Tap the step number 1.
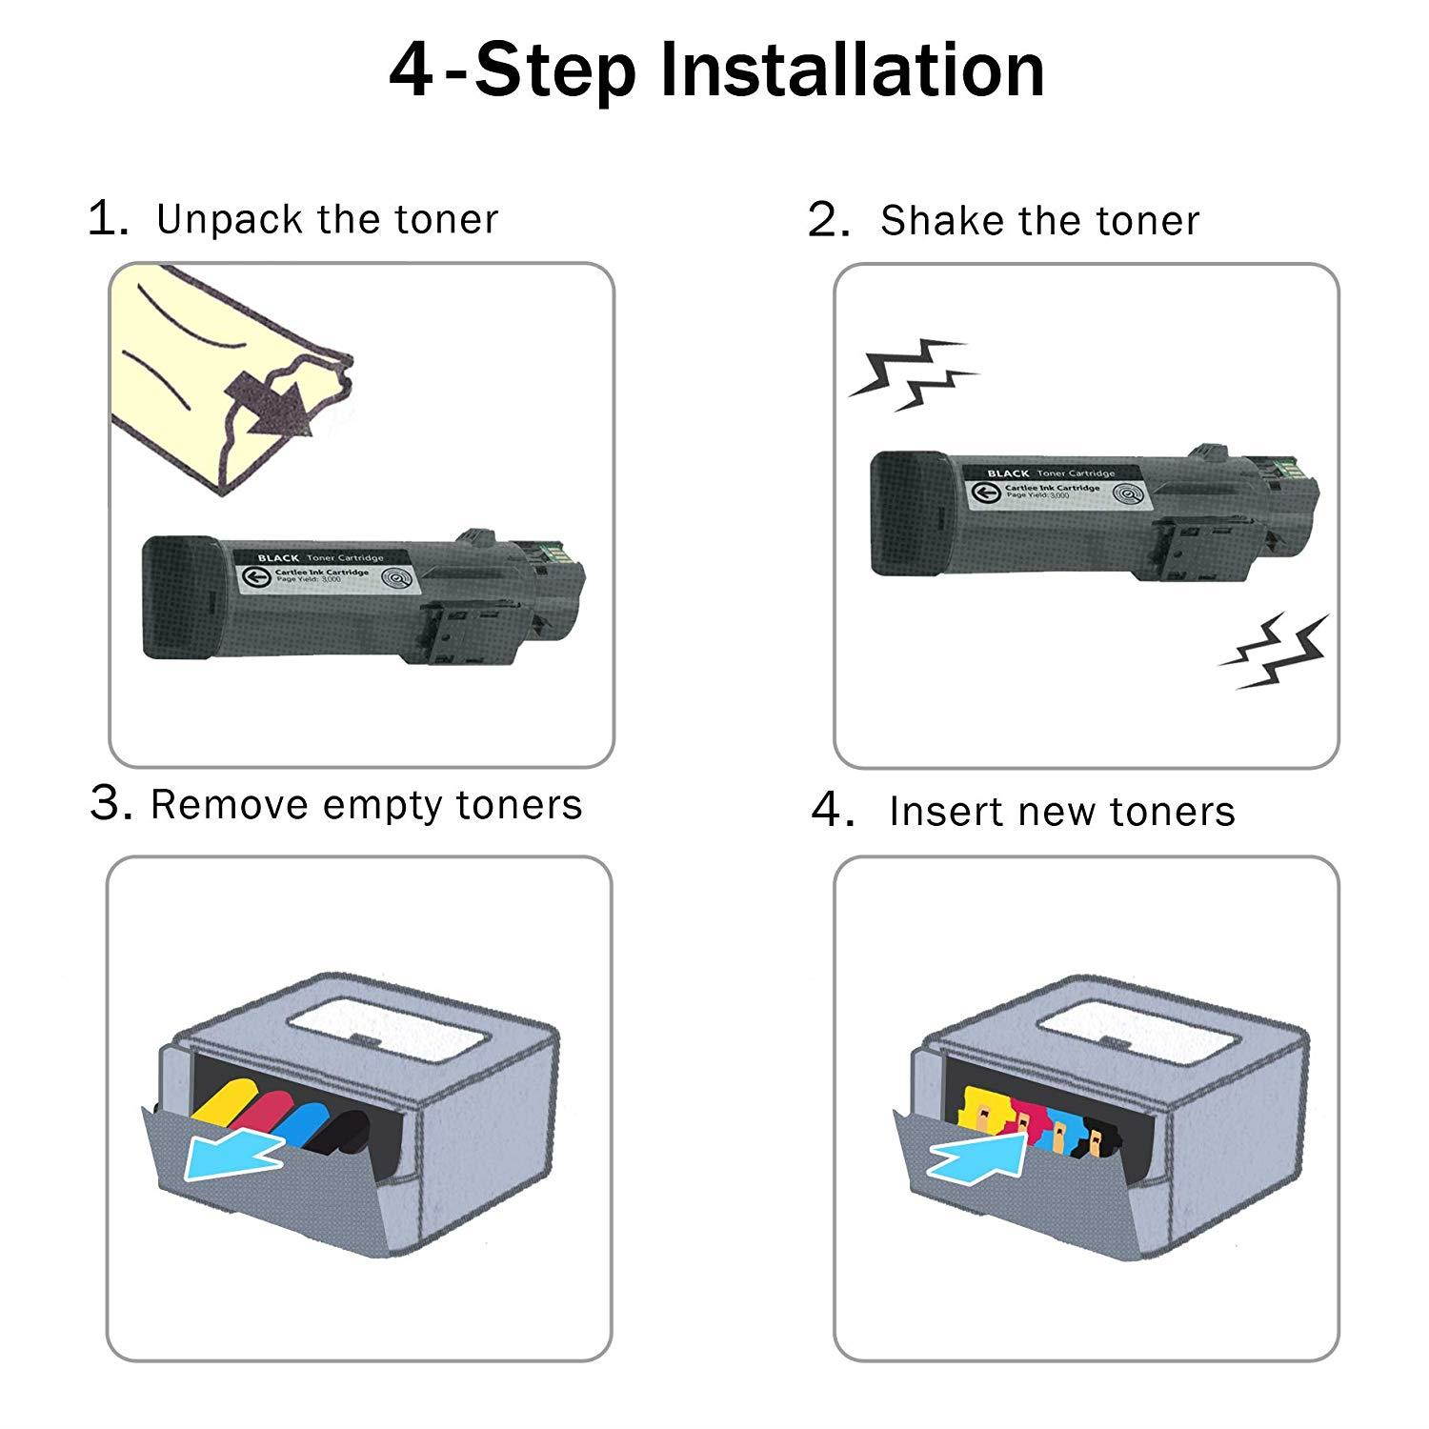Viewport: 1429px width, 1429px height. [x=107, y=219]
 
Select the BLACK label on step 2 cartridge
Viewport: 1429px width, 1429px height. [x=1008, y=473]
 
